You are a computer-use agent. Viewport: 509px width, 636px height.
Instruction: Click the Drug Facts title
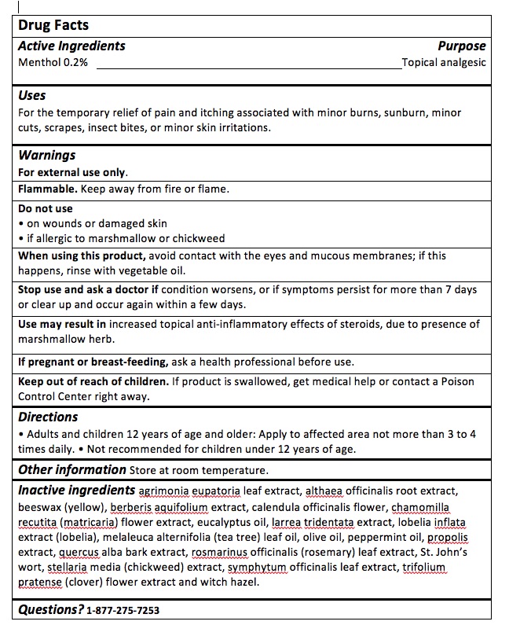coord(53,25)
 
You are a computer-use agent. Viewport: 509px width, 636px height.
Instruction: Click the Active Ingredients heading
coord(71,46)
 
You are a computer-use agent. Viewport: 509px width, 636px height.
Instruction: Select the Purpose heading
coord(462,46)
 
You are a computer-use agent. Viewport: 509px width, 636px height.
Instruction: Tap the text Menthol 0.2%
coord(53,62)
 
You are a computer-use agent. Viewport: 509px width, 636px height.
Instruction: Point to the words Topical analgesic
coord(444,62)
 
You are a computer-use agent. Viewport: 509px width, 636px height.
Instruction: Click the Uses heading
coord(32,95)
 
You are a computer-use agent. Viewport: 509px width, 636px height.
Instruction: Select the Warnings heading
coord(47,155)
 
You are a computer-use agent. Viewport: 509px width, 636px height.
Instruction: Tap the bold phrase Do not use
coord(46,209)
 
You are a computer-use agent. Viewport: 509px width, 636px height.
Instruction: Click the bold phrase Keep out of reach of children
coord(93,381)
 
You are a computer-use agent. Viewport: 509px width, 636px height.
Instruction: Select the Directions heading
coord(48,417)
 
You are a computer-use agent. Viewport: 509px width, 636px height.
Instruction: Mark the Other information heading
coord(71,469)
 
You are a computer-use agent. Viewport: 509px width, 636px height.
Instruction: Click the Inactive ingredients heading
coord(76,490)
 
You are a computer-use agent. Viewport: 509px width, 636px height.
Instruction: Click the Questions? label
coord(50,609)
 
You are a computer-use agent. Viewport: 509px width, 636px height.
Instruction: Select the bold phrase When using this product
coord(82,256)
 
